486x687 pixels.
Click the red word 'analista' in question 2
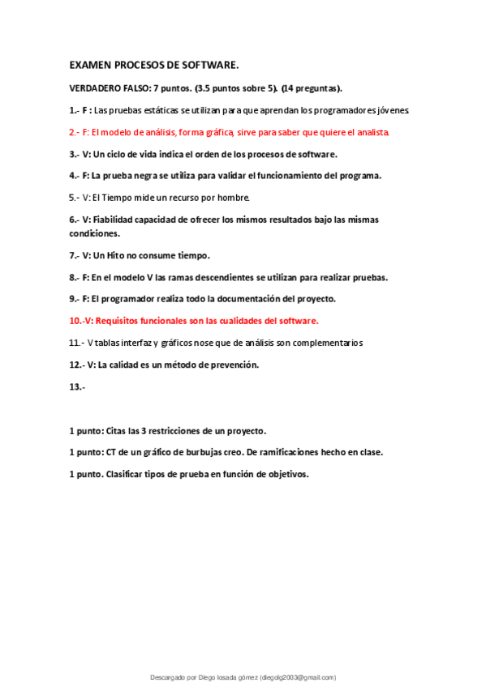[x=372, y=131]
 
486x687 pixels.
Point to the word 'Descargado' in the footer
[x=170, y=677]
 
